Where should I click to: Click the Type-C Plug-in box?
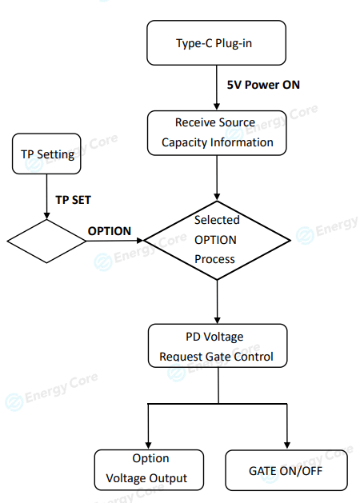click(x=216, y=43)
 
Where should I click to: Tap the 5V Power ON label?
click(x=263, y=85)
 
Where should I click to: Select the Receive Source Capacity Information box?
click(x=217, y=133)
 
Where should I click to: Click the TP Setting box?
click(x=46, y=154)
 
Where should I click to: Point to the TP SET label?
click(x=73, y=200)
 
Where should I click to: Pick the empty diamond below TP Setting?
click(x=47, y=242)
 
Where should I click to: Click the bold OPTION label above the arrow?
click(x=110, y=231)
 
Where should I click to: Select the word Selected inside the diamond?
click(x=217, y=220)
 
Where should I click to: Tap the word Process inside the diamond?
click(x=214, y=259)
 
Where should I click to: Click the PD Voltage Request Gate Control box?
click(x=218, y=345)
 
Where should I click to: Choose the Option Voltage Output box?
click(x=149, y=470)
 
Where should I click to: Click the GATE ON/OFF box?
click(x=286, y=470)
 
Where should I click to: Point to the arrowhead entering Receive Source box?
click(x=217, y=107)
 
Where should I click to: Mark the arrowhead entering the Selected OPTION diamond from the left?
click(x=140, y=240)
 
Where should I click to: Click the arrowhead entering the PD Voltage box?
click(x=218, y=320)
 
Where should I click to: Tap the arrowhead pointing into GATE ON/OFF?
click(x=287, y=445)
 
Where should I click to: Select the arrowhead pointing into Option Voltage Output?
click(x=148, y=445)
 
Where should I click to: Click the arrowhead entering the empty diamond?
click(x=47, y=216)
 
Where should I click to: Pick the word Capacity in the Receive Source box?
click(x=182, y=142)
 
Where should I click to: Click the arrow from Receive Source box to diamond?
click(x=217, y=178)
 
